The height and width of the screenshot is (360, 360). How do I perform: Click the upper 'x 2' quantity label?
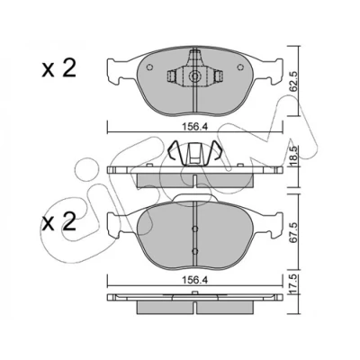click(x=58, y=68)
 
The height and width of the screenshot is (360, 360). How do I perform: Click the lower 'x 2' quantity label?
click(x=58, y=223)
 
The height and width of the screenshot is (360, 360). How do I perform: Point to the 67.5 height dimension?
click(x=293, y=232)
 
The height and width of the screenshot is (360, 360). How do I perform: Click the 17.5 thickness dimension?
click(x=293, y=283)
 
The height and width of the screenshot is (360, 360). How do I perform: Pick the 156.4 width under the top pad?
click(x=194, y=127)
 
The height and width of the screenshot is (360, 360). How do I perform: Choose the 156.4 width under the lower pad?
click(x=194, y=280)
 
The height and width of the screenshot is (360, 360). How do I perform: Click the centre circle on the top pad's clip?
click(x=195, y=76)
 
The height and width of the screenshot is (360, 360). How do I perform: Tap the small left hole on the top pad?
click(x=149, y=67)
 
